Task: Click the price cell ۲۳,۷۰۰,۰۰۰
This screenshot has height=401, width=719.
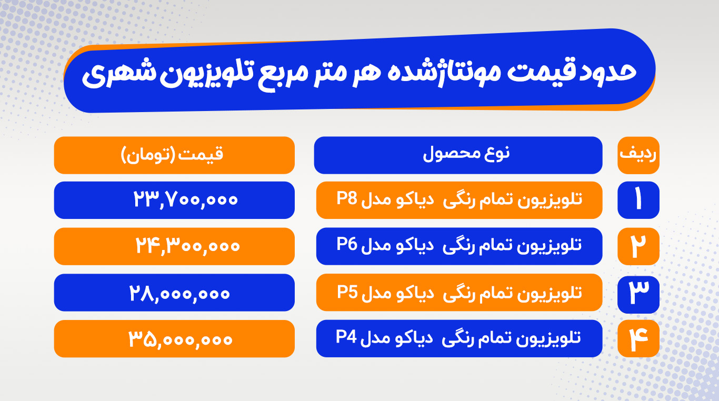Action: point(174,200)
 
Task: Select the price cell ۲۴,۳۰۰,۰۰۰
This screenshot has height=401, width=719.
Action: point(174,246)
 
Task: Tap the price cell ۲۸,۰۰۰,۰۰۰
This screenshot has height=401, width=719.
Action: point(174,293)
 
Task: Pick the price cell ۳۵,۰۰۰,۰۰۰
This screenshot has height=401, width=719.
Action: point(174,339)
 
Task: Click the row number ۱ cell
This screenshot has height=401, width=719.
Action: point(638,200)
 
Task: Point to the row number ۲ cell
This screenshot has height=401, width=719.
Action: point(638,246)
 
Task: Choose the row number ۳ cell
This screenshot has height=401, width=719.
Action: point(638,295)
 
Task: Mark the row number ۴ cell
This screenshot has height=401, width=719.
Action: point(638,339)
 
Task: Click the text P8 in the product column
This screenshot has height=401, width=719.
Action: point(347,198)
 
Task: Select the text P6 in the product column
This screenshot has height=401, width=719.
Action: point(347,244)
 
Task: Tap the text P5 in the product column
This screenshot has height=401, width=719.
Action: point(347,292)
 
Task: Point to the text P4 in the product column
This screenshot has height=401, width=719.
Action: point(346,337)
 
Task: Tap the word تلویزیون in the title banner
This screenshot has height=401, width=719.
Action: point(207,74)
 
